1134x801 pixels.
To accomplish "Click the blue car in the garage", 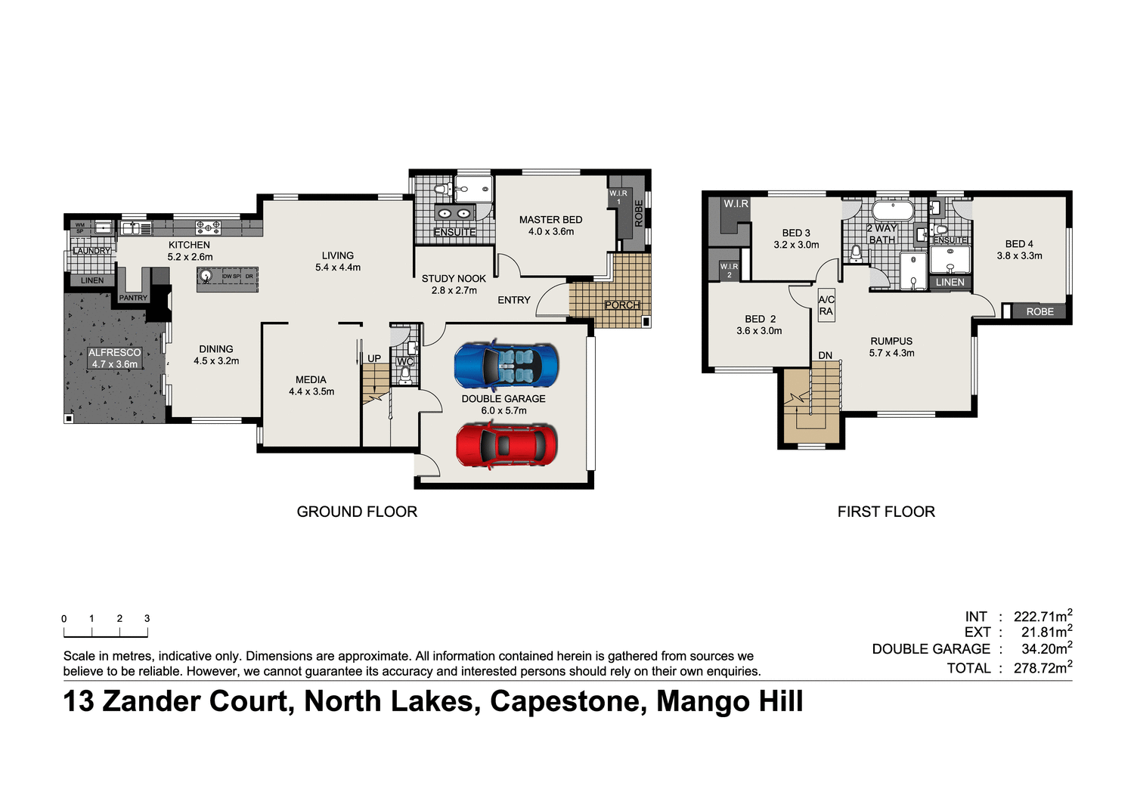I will coord(507,366).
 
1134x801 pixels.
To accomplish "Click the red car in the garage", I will coord(507,445).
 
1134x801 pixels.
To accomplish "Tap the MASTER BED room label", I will coord(550,220).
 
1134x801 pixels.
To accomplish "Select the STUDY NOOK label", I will coord(454,279).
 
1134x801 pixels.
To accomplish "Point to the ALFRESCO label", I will coord(115,353).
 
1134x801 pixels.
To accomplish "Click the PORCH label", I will coord(622,305).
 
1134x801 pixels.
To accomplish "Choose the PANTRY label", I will coord(133,298).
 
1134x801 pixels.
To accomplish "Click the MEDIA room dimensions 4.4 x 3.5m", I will coord(311,391).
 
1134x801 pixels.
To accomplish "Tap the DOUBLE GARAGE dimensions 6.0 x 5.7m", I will coord(503,410).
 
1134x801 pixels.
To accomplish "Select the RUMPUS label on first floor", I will coord(891,342).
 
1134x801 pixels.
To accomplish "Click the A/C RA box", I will coord(826,306).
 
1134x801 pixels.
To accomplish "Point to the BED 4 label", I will coord(1019,244).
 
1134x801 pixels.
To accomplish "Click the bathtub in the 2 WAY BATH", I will coord(893,209).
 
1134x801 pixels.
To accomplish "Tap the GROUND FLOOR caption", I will coord(357,512).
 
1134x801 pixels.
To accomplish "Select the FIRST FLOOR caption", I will coord(886,512).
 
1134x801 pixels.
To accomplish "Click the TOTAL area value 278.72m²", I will coord(1043,668).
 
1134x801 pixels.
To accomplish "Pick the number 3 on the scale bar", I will coord(147,618).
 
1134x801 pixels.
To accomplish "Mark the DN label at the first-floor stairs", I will coord(825,355).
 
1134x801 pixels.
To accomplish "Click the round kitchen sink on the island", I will coord(206,276).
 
